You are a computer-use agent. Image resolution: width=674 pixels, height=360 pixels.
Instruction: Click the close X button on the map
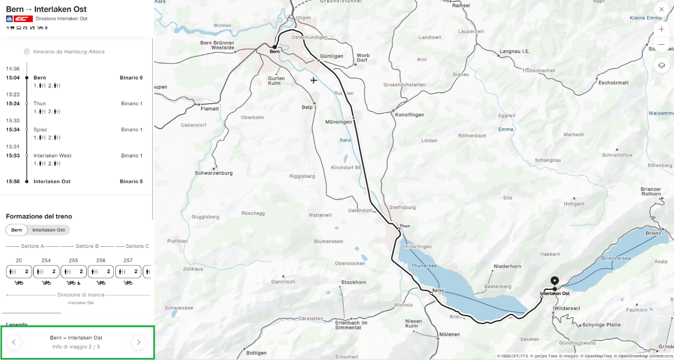[x=661, y=9]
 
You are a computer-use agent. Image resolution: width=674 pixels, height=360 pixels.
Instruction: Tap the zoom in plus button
[x=661, y=29]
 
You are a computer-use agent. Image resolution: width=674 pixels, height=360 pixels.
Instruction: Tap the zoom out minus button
[x=661, y=45]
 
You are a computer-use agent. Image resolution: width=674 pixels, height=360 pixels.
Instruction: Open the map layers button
[x=661, y=65]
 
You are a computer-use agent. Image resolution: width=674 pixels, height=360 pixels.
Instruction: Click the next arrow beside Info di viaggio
[x=138, y=342]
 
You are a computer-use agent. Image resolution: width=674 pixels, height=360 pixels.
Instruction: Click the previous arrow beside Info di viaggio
[x=14, y=342]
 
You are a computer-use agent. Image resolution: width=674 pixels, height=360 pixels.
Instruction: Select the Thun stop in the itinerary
[x=39, y=104]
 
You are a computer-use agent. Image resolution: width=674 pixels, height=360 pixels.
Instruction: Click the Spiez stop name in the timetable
[x=41, y=129]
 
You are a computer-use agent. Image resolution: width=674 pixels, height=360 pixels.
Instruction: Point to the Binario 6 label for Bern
[x=131, y=77]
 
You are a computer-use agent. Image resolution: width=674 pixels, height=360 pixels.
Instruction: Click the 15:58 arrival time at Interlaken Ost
[x=13, y=182]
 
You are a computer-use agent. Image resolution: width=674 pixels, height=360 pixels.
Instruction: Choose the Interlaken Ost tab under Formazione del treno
[x=48, y=230]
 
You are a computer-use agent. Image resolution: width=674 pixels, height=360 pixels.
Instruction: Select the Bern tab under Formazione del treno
[x=17, y=230]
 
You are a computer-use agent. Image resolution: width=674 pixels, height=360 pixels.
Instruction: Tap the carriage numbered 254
[x=46, y=272]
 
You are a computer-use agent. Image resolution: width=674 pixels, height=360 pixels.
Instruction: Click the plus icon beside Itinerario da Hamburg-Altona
[x=27, y=52]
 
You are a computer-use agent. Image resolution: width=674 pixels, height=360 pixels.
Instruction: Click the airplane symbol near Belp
[x=314, y=81]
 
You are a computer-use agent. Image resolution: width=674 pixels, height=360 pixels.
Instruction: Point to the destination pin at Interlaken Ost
[x=554, y=281]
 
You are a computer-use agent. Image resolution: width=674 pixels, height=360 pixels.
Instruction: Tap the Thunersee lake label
[x=424, y=266]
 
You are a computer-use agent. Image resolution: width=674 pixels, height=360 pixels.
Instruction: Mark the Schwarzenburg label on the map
[x=213, y=173]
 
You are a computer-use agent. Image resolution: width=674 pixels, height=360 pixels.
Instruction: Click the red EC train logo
[x=23, y=18]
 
